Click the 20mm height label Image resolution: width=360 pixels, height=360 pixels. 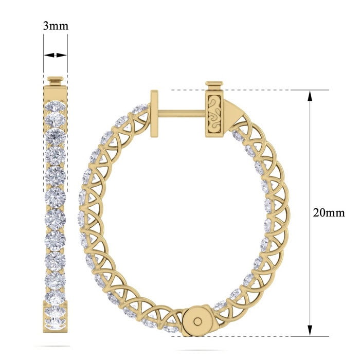pyautogui.click(x=329, y=212)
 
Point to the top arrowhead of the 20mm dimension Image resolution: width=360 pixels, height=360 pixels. pyautogui.click(x=310, y=95)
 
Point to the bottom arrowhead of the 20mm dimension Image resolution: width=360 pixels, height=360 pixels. pyautogui.click(x=310, y=332)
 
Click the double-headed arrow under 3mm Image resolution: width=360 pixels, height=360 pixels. pyautogui.click(x=55, y=55)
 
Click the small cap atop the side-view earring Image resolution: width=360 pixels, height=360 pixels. pyautogui.click(x=55, y=81)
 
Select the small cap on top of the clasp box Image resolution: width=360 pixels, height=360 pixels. pyautogui.click(x=214, y=84)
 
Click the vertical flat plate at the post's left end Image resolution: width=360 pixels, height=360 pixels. pyautogui.click(x=154, y=114)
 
